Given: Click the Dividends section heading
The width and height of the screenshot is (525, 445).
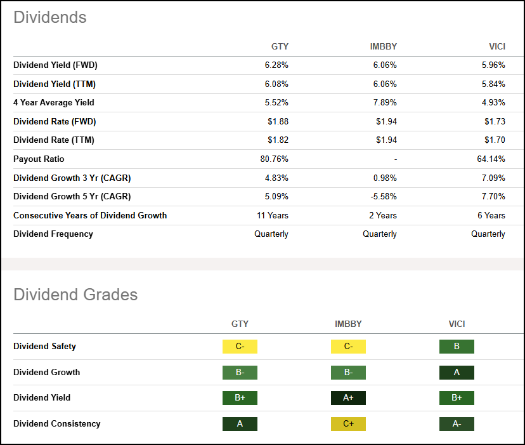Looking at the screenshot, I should (49, 18).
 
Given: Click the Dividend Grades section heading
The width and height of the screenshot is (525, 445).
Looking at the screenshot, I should (75, 295).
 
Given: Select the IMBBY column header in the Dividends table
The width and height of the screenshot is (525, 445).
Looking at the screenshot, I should (383, 46).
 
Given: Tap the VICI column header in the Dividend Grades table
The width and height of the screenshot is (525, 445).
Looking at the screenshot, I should (457, 324).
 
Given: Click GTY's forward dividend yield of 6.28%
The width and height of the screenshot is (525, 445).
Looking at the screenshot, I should (276, 65).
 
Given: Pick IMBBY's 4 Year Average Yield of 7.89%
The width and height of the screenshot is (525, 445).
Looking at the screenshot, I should (384, 103).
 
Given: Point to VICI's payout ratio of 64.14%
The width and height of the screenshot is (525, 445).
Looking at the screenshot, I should (491, 159).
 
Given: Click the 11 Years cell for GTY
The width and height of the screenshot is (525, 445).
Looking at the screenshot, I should (273, 215).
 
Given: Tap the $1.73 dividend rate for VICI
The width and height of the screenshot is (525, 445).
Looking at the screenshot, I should (494, 121).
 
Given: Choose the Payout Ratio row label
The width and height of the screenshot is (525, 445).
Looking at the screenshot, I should (39, 159).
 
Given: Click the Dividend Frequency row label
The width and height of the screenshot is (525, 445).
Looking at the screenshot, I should (53, 234).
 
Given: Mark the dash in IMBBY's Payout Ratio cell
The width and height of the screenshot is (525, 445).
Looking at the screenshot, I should (394, 159).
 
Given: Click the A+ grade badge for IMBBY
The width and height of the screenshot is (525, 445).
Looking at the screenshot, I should (348, 398).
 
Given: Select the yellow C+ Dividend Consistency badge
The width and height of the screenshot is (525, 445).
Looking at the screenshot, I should (348, 424).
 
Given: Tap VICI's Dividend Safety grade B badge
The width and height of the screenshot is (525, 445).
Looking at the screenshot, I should (457, 347).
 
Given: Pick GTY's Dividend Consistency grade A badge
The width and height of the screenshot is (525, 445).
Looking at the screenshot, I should (240, 424).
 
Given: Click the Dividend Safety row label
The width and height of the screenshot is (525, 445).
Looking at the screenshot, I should (44, 347).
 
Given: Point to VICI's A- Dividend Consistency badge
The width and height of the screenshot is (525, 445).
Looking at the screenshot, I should (457, 424).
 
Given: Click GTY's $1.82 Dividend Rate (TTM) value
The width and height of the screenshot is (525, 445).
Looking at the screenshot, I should (277, 140).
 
